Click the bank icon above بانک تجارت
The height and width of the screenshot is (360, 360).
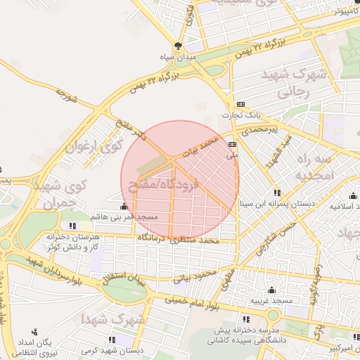[240, 103]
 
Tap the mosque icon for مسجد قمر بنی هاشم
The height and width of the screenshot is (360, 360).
[125, 207]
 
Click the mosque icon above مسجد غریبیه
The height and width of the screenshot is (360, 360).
[272, 290]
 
